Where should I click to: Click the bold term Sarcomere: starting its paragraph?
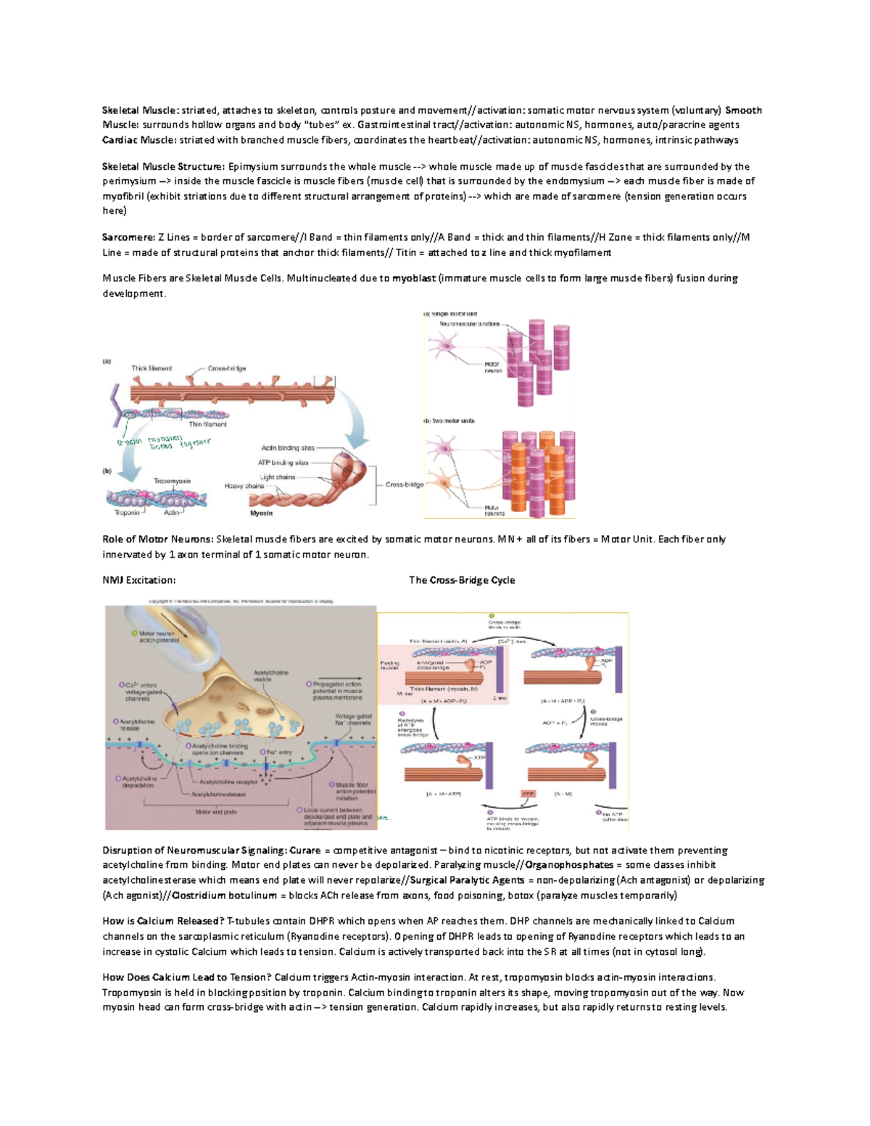point(128,237)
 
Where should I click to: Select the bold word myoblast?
point(414,278)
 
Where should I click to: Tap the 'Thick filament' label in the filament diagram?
point(152,368)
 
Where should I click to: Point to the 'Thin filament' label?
point(207,424)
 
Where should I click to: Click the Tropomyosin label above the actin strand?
point(172,481)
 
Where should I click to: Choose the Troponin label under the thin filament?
point(127,513)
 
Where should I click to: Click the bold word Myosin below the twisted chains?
point(261,513)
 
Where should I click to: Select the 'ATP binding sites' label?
point(283,463)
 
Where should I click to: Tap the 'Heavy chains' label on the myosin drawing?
point(244,486)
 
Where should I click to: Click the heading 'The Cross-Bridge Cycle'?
point(462,580)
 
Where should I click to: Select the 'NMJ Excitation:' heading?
point(138,580)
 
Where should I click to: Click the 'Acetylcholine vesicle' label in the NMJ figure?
point(271,676)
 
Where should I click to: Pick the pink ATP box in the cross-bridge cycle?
point(528,794)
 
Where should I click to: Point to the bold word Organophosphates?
point(569,865)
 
